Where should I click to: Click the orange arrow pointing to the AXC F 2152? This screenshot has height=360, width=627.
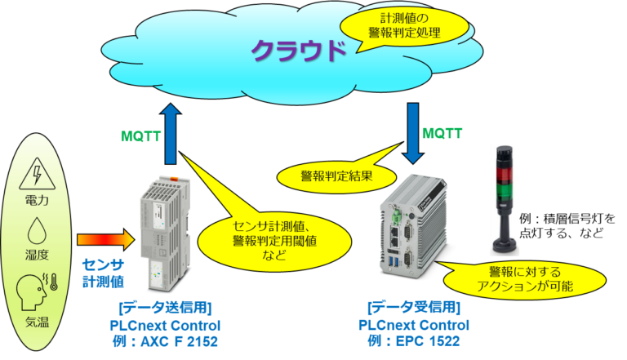point(103,239)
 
